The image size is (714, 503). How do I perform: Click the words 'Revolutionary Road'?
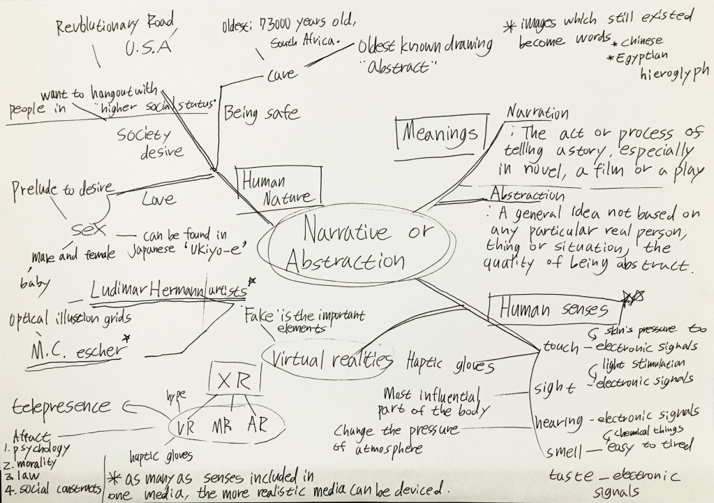click(x=115, y=27)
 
